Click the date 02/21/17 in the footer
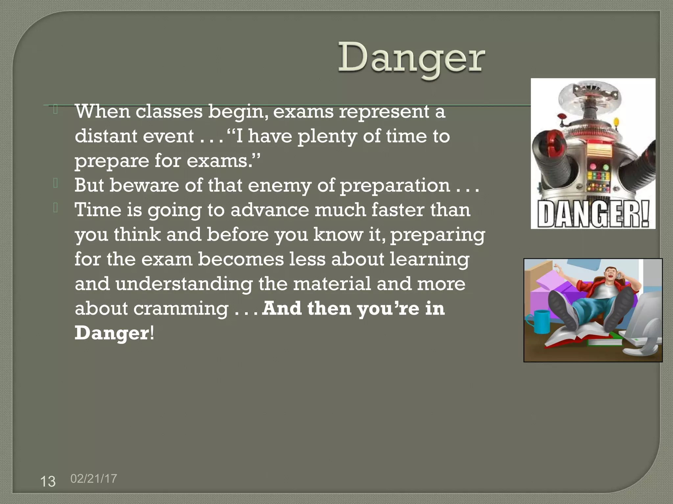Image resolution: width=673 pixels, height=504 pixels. coord(94,478)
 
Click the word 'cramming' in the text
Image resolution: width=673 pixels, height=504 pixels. coord(181,309)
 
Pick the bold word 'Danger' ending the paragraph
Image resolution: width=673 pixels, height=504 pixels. coord(112,333)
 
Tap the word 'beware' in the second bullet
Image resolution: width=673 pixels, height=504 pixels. coord(144,185)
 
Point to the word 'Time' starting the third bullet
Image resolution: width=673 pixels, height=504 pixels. coord(98,210)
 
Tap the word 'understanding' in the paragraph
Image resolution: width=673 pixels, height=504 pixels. coord(184,284)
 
